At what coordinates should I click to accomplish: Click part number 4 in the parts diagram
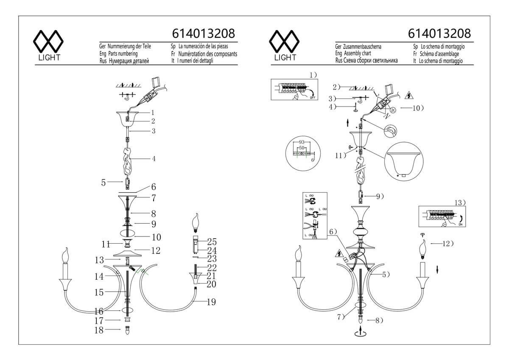[154, 159]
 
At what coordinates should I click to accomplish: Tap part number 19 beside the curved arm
[212, 302]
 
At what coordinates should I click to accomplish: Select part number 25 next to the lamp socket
[212, 242]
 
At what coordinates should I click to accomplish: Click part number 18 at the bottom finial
[99, 330]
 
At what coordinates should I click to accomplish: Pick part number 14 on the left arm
[99, 276]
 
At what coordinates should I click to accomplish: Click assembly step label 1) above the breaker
[313, 75]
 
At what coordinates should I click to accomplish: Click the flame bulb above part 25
[196, 221]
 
